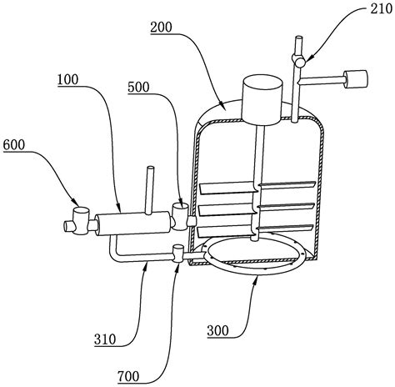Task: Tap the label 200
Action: click(161, 28)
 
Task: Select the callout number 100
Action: click(67, 79)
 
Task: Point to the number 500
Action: click(138, 87)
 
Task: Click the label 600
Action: click(14, 144)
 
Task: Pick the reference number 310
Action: click(105, 339)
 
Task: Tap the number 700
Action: click(128, 376)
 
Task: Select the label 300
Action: click(217, 330)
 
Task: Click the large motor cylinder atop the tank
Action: click(262, 99)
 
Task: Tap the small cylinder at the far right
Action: click(356, 79)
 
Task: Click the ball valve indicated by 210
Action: click(299, 60)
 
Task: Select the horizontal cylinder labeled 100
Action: click(132, 224)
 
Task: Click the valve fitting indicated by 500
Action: click(181, 217)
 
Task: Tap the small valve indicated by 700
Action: click(178, 254)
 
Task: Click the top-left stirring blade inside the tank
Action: click(227, 188)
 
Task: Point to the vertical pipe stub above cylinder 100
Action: click(150, 191)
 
